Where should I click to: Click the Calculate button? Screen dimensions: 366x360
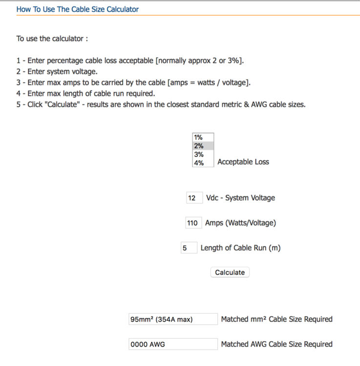230,272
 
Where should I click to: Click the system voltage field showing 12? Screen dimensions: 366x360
194,198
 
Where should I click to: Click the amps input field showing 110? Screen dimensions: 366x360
192,223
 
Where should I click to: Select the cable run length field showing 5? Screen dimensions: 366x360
189,248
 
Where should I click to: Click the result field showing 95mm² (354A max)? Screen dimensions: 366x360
173,319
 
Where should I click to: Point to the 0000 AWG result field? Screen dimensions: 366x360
173,344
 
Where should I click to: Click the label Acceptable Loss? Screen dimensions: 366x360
243,162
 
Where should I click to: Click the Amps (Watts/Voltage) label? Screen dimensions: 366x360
240,223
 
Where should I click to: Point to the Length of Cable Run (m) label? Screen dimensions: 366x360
240,248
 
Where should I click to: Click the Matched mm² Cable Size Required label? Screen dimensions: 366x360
276,319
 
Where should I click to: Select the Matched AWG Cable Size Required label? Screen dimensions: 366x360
276,344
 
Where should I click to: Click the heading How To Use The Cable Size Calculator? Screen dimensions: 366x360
78,9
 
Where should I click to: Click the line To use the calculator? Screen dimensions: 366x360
52,39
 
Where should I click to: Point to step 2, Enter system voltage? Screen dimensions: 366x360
57,72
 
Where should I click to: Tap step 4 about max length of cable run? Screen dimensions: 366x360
85,94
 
